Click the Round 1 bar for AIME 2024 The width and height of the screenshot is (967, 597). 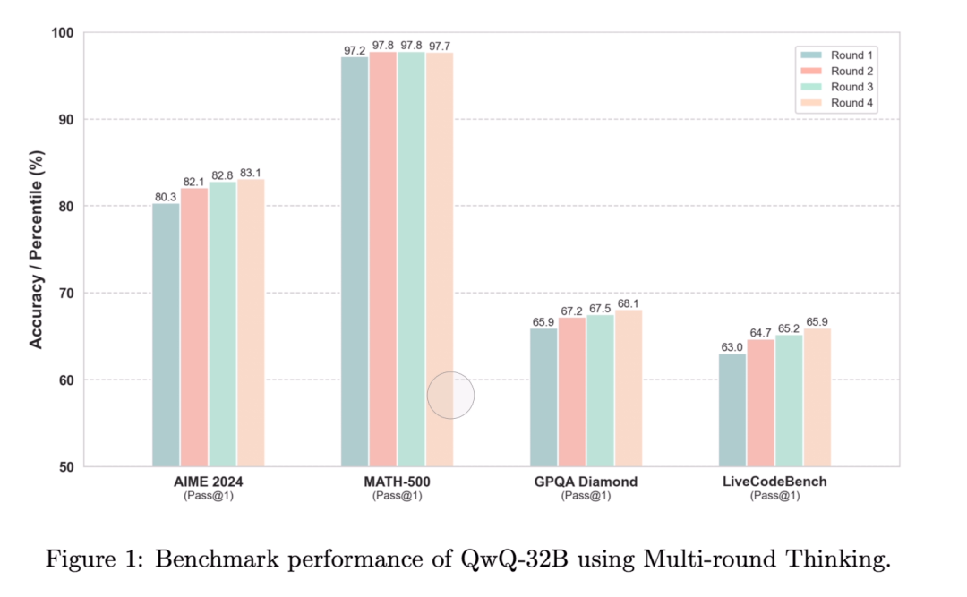[x=166, y=335]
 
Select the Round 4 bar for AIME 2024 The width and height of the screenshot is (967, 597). [x=251, y=322]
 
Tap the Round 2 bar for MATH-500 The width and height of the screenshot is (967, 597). [x=383, y=259]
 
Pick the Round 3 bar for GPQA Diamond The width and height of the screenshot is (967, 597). [x=600, y=390]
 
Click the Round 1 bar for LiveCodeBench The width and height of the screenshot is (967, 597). [x=732, y=410]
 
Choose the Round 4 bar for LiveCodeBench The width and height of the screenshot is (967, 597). [x=817, y=397]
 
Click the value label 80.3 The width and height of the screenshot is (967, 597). [x=166, y=196]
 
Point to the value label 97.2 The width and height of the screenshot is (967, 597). [x=355, y=49]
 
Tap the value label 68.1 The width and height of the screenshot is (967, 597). [x=629, y=303]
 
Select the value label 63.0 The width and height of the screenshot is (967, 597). [x=732, y=346]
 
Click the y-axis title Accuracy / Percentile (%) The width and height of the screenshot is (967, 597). [x=36, y=251]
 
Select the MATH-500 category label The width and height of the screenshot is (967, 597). [x=398, y=482]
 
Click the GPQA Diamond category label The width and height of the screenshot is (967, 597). [x=586, y=482]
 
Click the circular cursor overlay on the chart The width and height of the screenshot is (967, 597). [x=450, y=396]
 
